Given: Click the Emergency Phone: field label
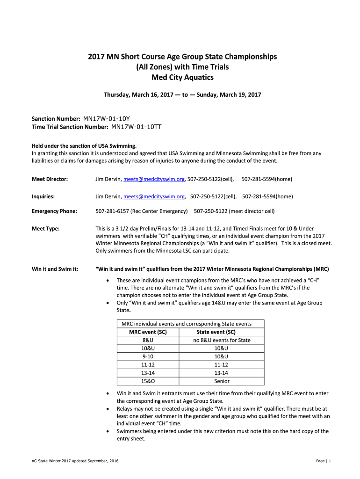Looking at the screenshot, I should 54,211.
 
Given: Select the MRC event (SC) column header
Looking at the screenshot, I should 148,332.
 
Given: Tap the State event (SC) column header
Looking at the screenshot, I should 222,332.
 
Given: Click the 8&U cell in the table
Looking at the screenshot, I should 148,340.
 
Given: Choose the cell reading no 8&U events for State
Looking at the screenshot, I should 222,340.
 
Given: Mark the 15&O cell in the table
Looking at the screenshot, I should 148,381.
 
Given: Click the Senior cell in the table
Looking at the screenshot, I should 222,381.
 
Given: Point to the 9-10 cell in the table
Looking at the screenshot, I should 148,356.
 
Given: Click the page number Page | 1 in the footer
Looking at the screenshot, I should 323,461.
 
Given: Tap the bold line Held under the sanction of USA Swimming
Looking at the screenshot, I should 84,145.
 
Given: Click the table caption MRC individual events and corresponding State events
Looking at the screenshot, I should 186,324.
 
